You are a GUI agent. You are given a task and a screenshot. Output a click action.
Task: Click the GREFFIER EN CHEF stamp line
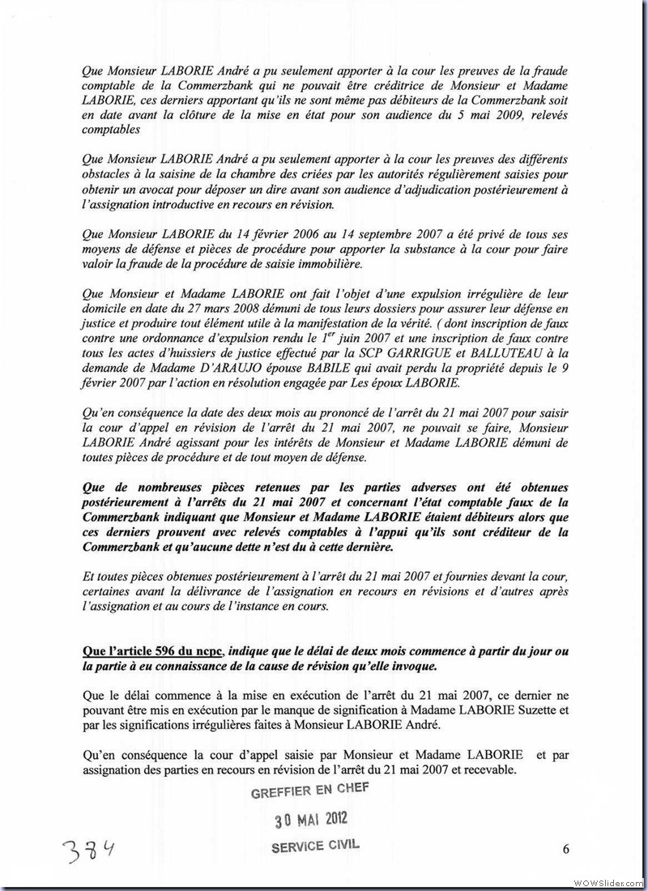pos(311,793)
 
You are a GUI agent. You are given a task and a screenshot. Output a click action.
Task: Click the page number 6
pos(565,849)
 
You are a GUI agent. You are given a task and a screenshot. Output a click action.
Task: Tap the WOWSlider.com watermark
pos(608,882)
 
